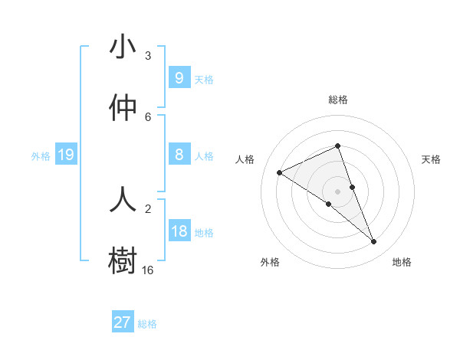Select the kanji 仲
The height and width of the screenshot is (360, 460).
click(x=123, y=107)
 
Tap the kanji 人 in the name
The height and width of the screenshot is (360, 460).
click(x=123, y=198)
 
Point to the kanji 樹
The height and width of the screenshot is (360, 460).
click(x=123, y=259)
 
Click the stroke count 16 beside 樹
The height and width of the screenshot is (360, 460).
click(x=147, y=270)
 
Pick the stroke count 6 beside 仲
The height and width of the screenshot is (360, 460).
click(x=148, y=116)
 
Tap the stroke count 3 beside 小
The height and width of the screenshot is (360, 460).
click(x=148, y=56)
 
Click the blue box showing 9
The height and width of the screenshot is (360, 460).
click(x=179, y=78)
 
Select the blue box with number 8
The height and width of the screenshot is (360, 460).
click(x=179, y=155)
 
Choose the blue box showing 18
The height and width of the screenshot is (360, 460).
click(x=179, y=231)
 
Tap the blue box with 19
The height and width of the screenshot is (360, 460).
click(x=66, y=155)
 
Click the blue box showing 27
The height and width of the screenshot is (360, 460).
click(x=122, y=322)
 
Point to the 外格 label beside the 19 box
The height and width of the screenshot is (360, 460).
click(x=41, y=155)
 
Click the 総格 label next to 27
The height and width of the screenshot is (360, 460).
click(x=147, y=324)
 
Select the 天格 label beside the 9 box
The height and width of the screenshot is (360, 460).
click(x=204, y=79)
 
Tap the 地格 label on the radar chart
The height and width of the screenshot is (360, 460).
click(x=402, y=262)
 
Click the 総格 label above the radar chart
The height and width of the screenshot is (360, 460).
click(x=338, y=100)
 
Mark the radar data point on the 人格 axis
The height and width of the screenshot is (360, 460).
click(x=280, y=172)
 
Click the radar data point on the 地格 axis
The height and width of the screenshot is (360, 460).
click(x=374, y=242)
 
